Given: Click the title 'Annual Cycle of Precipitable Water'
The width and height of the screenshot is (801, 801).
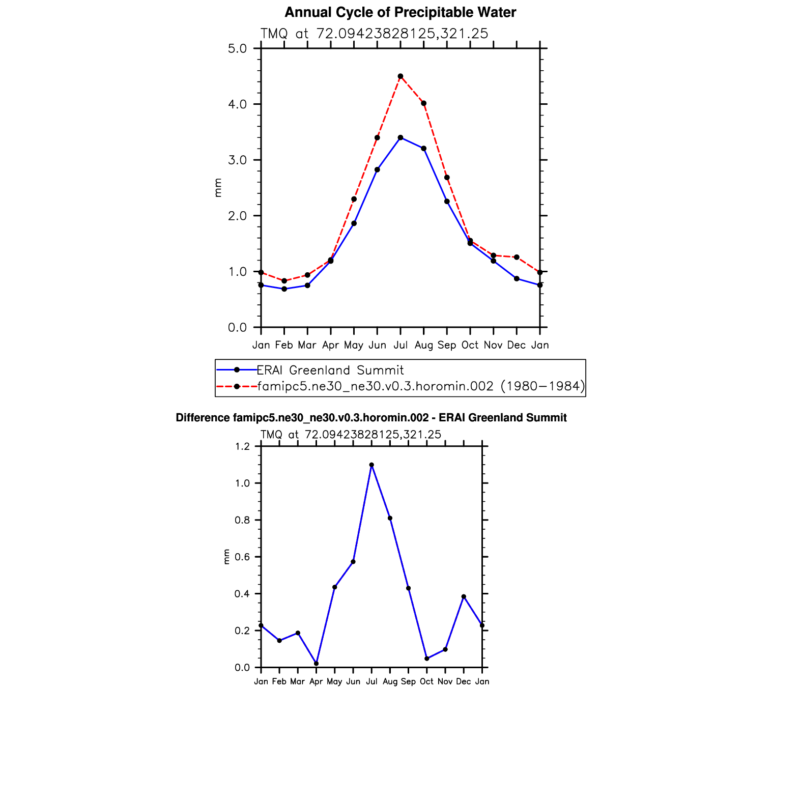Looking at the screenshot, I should coord(400,13).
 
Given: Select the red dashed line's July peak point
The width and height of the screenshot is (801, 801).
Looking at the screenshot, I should coord(401,76).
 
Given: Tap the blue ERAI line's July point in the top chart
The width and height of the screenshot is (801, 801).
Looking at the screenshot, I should coord(401,137).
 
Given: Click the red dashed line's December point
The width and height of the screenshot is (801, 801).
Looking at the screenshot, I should coord(517,257).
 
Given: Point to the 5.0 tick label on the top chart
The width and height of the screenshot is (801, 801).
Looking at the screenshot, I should coord(237,49).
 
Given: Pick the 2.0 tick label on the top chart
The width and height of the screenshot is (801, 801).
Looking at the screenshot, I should coord(237,216).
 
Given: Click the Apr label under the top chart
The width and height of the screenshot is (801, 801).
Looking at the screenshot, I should coord(331,345).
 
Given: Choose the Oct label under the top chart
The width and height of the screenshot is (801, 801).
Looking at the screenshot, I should coord(470,345).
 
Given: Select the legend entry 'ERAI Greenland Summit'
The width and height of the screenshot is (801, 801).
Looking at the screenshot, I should coord(330,370).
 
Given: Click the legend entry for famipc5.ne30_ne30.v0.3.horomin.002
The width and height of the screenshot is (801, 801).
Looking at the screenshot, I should coord(420,386).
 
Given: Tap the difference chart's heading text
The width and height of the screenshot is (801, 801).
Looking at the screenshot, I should coord(371,418).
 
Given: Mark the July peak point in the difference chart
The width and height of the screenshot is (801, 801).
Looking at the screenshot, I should coord(371,465).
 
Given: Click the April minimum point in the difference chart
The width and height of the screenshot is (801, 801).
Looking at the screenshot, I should coord(316,664).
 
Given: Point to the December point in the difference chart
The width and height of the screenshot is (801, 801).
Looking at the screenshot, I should coord(464,596).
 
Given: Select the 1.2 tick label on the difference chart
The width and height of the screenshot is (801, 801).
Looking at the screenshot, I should coord(242,447).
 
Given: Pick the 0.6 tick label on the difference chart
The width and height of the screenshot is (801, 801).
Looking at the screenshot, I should coord(242,557).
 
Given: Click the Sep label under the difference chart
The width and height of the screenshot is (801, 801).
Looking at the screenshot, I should coord(408,681).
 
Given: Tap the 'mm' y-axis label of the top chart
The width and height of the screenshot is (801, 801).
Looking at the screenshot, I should coord(218,188).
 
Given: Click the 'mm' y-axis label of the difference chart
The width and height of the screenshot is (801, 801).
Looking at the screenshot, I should coord(227,557).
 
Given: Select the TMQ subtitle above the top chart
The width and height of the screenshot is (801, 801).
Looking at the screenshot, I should coord(374,34).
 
